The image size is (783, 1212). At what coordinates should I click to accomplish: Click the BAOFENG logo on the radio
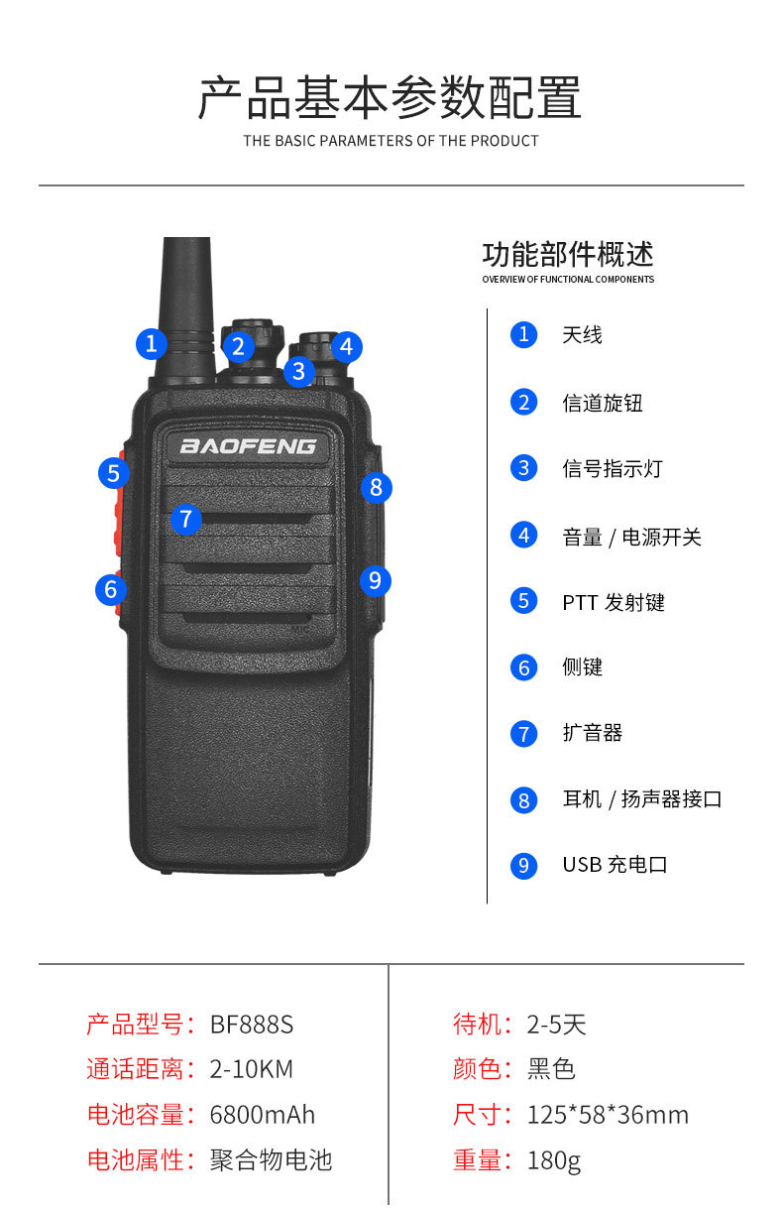[x=248, y=445]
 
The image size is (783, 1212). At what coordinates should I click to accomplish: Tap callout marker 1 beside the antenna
[x=151, y=343]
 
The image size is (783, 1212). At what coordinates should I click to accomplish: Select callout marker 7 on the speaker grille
[x=185, y=518]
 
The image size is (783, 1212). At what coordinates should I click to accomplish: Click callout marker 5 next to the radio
[x=114, y=472]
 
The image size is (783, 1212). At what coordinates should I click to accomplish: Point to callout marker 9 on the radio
[x=374, y=579]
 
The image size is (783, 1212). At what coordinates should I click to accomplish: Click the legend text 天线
[x=582, y=335]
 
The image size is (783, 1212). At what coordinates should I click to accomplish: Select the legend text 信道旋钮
[x=602, y=403]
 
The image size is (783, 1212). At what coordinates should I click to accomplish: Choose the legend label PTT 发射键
[x=613, y=602]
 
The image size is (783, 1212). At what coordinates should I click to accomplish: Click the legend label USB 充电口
[x=615, y=865]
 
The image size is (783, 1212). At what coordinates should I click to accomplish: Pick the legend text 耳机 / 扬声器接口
[x=641, y=799]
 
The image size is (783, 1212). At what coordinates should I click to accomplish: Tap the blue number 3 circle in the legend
[x=523, y=468]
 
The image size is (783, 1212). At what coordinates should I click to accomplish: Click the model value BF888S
[x=252, y=1024]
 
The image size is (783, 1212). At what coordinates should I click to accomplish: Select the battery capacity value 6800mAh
[x=262, y=1115]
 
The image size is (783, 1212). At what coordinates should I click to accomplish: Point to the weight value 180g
[x=553, y=1160]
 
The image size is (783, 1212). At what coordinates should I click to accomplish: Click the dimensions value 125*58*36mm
[x=607, y=1115]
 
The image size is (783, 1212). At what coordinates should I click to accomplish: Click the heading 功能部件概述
[x=567, y=255]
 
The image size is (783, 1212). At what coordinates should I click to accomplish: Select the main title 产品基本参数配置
[x=390, y=98]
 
